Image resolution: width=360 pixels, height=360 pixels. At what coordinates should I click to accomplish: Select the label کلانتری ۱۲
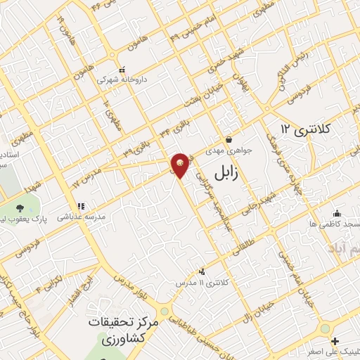click(304, 129)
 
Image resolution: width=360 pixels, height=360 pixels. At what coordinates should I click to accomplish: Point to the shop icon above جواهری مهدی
click(229, 139)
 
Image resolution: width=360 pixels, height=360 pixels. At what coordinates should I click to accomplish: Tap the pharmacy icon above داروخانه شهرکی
click(122, 70)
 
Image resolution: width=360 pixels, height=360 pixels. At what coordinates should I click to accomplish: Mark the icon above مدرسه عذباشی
click(81, 207)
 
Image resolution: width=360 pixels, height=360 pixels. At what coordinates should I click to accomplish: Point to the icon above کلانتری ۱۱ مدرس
click(202, 271)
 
